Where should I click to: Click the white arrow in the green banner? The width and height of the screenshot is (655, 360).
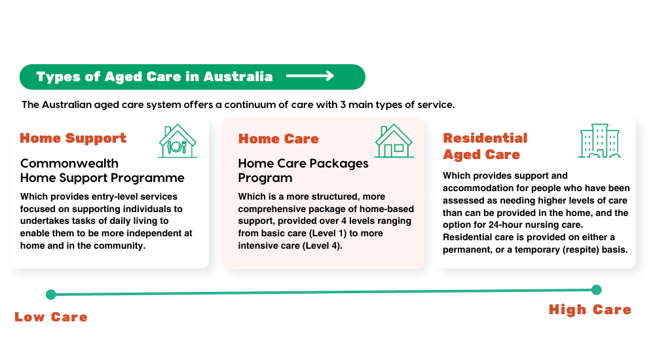310,76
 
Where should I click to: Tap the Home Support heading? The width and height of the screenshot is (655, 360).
73,138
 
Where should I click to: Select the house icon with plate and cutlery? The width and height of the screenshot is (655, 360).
178,141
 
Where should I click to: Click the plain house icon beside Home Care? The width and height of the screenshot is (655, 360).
394,141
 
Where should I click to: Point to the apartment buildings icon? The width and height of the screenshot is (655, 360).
599,141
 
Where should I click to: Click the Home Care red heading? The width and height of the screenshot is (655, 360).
278,139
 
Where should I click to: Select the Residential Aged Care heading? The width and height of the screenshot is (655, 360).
485,146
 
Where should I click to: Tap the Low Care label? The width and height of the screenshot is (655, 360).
51,317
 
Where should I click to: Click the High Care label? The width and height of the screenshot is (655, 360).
590,310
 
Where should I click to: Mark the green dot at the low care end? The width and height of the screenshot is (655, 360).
51,295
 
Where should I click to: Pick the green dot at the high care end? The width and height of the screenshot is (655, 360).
597,289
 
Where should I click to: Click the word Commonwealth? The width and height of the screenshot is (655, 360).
69,163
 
